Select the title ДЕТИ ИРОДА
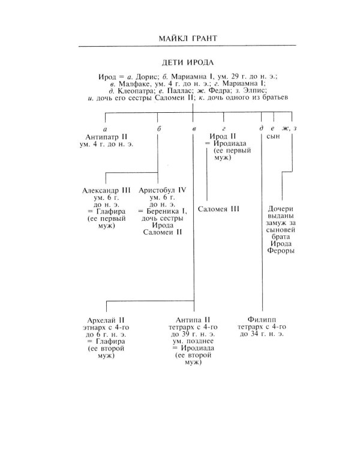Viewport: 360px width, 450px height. tap(192, 62)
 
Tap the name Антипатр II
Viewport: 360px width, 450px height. tap(105, 137)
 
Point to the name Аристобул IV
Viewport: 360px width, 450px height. tap(162, 190)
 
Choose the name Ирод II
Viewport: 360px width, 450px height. tap(224, 137)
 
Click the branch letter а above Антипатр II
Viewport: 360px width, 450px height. tap(105, 129)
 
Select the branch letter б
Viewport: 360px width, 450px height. tap(158, 129)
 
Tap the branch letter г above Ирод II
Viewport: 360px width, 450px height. tap(224, 129)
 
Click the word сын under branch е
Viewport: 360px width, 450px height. tap(274, 137)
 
